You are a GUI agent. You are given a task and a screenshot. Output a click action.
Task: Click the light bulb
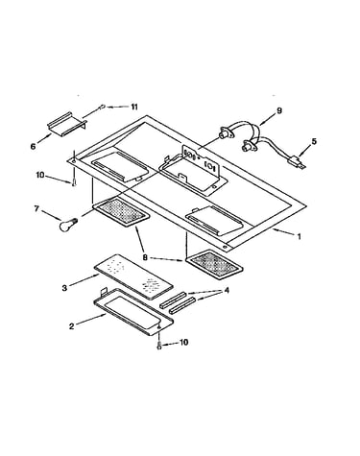point(68,224)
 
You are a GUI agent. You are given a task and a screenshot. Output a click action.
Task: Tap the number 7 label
point(36,208)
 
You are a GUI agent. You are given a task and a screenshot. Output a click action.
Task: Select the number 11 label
point(133,107)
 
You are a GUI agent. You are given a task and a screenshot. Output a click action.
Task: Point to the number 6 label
point(34,146)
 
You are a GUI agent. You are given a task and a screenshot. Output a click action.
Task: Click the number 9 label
point(279,110)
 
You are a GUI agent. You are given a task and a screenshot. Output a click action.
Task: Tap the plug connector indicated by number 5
point(297,162)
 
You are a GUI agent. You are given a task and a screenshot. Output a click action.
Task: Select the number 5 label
point(314,141)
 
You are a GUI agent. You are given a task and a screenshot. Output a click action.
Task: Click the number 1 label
point(300,237)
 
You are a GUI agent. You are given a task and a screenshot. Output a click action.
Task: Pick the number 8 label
point(145,257)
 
